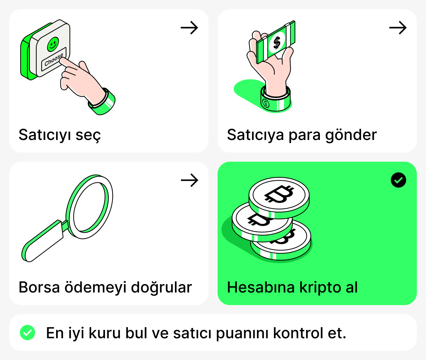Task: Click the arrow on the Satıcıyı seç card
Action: (x=189, y=28)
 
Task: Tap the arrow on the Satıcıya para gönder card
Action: (x=398, y=28)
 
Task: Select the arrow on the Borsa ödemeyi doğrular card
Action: (x=189, y=180)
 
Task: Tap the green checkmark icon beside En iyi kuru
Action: (x=27, y=333)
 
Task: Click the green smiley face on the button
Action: (x=53, y=44)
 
